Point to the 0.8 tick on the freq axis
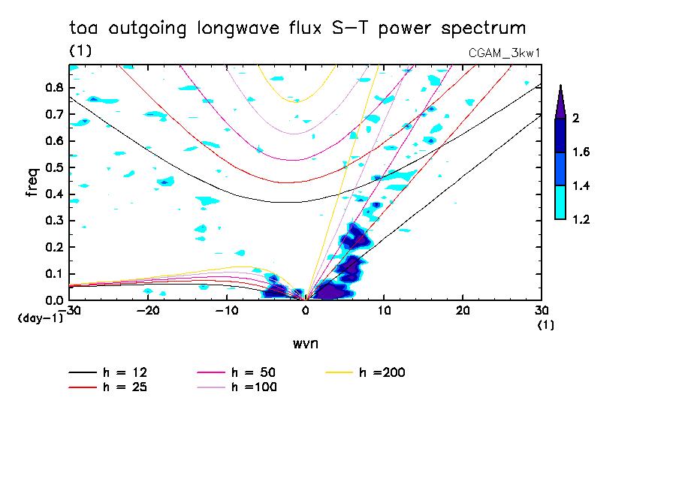(53, 87)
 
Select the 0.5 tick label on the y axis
(53, 167)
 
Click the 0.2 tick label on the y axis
(53, 248)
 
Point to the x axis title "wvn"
(305, 343)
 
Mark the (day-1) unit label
(40, 318)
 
